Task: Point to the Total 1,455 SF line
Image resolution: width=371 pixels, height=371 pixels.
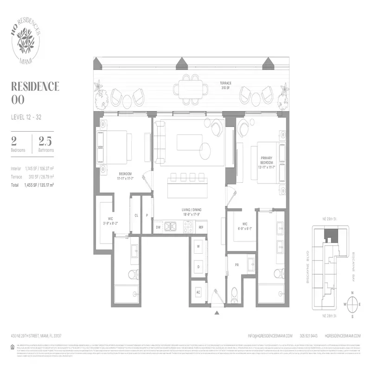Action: point(32,185)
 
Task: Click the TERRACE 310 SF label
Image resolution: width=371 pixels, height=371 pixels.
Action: point(226,86)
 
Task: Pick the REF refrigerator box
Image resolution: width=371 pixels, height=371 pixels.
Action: point(201,227)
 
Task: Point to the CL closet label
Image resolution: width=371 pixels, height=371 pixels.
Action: point(136,215)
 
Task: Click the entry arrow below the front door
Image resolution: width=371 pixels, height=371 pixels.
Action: point(217,313)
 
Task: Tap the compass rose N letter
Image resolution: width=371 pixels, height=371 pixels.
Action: point(352,293)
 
